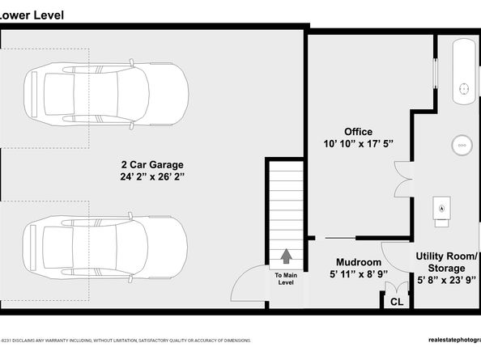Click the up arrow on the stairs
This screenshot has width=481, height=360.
tap(286, 256)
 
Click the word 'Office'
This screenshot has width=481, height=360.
tap(358, 131)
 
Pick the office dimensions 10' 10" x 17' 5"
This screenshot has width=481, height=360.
tap(358, 144)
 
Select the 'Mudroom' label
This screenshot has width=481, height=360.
tap(358, 262)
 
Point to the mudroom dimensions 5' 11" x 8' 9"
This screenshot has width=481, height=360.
tap(358, 275)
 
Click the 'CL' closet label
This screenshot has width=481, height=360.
tap(396, 302)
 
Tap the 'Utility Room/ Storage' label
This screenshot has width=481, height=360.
tap(446, 261)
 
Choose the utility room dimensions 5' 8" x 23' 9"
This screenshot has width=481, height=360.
tap(446, 280)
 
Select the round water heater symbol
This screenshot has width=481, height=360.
tap(462, 145)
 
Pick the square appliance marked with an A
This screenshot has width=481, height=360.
tap(442, 207)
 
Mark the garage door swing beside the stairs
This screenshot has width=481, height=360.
tap(246, 287)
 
